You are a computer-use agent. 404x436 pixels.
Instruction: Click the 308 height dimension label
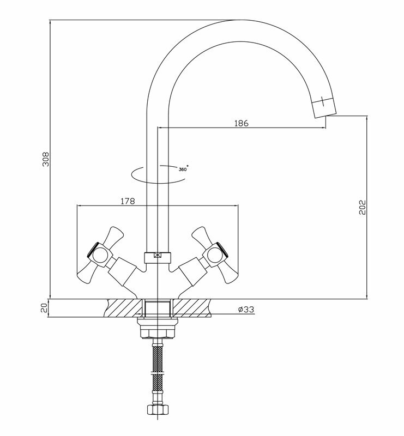click(46, 159)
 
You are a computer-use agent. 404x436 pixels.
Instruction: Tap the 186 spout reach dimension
click(241, 123)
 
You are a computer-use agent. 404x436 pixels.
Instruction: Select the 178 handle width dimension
click(127, 201)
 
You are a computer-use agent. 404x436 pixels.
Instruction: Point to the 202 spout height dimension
click(360, 207)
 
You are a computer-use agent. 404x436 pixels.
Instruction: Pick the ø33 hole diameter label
click(246, 310)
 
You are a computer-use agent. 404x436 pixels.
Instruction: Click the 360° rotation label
click(183, 169)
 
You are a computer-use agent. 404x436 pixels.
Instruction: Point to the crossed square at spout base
click(158, 255)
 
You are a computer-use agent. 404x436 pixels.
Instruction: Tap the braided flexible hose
click(158, 371)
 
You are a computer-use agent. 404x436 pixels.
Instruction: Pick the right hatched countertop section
click(194, 308)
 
